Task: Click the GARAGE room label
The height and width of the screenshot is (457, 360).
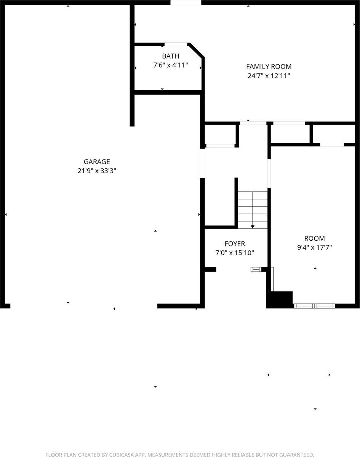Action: [97, 162]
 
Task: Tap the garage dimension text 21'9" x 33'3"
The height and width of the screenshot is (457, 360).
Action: [97, 171]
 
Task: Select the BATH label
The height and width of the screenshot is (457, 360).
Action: [170, 56]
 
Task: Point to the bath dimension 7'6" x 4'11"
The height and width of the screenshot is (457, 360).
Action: [170, 65]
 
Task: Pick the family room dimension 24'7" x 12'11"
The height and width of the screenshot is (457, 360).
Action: [269, 76]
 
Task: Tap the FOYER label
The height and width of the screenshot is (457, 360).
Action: [235, 244]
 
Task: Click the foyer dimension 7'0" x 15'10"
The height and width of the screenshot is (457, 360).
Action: [235, 252]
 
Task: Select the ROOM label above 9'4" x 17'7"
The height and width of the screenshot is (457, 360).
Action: [314, 238]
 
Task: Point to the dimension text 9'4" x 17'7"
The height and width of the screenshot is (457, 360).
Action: [314, 247]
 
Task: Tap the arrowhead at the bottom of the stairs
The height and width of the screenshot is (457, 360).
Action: [253, 227]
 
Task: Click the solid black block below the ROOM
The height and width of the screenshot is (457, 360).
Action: [280, 299]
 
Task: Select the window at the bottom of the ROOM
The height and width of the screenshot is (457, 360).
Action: [315, 305]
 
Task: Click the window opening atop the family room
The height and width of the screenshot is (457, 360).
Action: [186, 3]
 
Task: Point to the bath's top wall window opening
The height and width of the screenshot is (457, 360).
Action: [176, 44]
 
